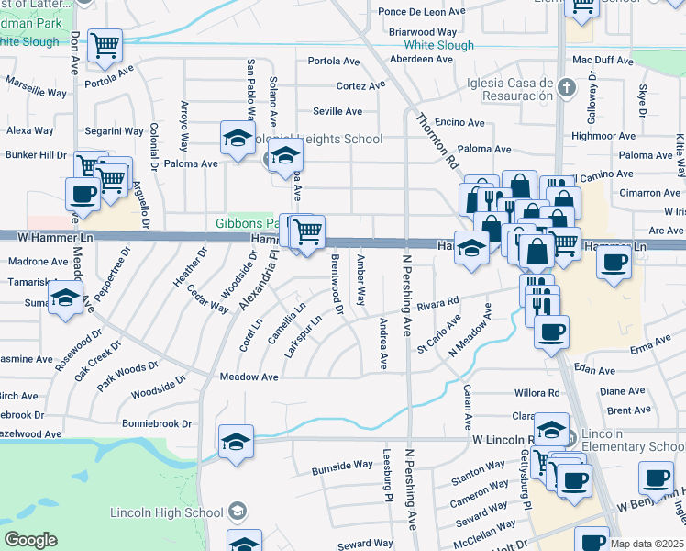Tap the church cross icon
[x=566, y=88]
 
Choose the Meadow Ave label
[x=249, y=377]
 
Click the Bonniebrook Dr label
[x=156, y=424]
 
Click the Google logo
[x=30, y=540]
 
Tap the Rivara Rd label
[x=437, y=302]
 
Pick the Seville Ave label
[x=337, y=111]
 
